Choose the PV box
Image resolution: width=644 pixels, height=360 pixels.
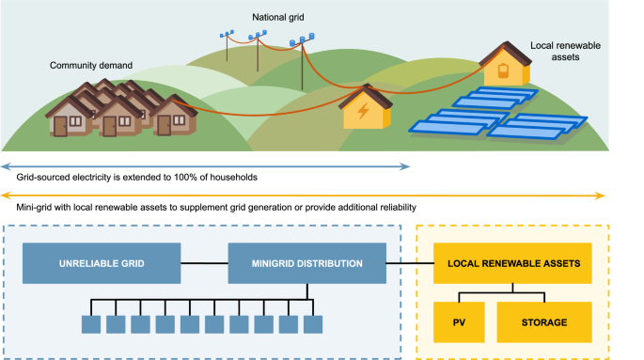458,322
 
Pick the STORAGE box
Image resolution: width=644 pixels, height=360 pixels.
544,322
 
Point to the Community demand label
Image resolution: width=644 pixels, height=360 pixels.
91,65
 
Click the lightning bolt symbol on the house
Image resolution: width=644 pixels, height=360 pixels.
361,114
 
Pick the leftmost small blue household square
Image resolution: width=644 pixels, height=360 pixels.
90,323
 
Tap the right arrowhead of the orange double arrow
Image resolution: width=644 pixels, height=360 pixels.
602,195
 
